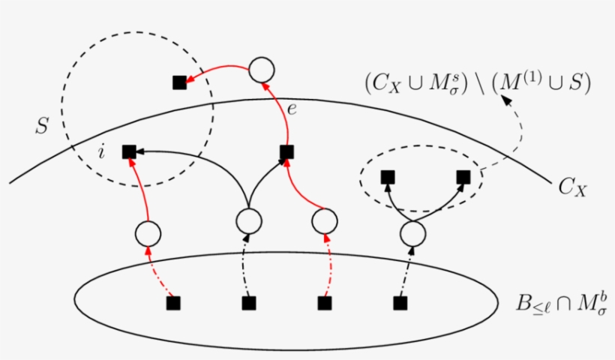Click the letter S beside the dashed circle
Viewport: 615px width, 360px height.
pos(43,126)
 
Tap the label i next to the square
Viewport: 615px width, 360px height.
pos(102,153)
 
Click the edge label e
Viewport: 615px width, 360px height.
pos(292,109)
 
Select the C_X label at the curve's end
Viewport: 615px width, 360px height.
pos(572,187)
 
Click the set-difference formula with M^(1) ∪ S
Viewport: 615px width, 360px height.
pos(477,84)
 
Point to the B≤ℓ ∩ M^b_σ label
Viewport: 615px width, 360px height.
pos(561,303)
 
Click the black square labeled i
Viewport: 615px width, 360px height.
pos(128,151)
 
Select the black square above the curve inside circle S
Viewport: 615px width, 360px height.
pos(179,82)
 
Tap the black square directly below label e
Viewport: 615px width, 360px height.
pos(286,152)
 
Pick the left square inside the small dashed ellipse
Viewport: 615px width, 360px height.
pos(388,177)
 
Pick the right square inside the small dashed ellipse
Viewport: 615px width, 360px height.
pos(463,177)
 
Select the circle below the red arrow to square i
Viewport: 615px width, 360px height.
pos(148,233)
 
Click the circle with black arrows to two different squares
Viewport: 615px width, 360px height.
pos(248,220)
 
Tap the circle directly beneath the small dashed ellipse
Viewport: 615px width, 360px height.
pos(412,234)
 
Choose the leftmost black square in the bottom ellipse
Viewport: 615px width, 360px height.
pos(173,303)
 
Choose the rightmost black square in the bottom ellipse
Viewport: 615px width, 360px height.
pos(400,303)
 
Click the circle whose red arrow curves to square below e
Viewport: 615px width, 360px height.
pos(323,220)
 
